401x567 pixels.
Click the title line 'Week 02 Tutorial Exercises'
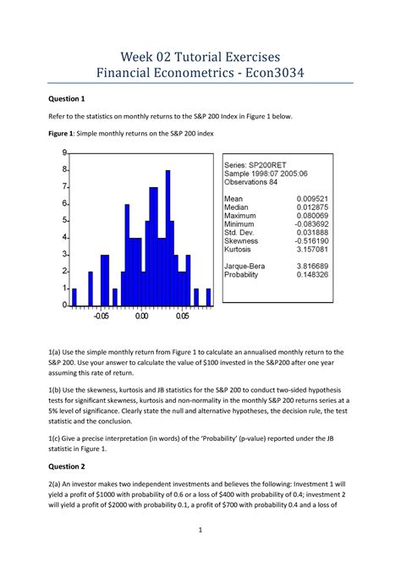(x=200, y=56)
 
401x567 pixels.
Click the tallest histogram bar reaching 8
(x=168, y=237)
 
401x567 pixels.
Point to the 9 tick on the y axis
(x=63, y=153)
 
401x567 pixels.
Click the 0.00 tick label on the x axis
(x=141, y=317)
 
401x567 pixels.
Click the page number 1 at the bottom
(x=200, y=531)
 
